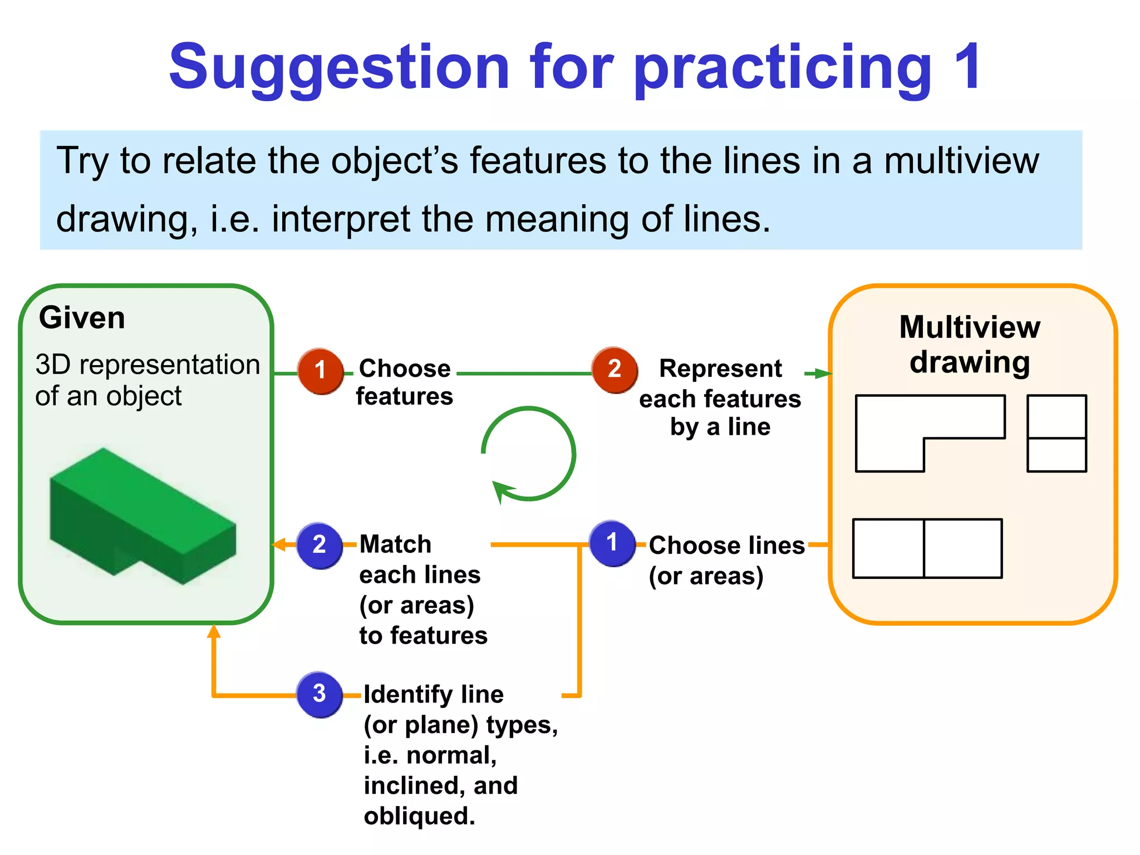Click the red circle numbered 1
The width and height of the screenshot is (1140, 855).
point(320,371)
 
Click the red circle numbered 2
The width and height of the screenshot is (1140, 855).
point(614,370)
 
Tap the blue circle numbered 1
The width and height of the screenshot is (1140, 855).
point(612,543)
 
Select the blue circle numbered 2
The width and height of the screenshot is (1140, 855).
point(320,545)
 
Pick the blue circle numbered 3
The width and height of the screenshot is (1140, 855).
point(320,694)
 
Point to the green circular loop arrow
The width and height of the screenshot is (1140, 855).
point(529,454)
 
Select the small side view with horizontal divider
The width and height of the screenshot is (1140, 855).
point(1057,433)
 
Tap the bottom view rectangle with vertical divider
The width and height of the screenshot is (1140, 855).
point(927,548)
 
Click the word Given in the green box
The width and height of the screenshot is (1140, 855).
point(82,318)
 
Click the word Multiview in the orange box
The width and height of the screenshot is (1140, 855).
point(970,327)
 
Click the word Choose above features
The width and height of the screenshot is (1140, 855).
point(405,368)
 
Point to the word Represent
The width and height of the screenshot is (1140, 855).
point(720,368)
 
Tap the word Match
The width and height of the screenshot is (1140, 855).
point(395,544)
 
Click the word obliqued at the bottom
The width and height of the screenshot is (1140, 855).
point(419,816)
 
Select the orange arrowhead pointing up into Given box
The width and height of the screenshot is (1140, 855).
point(214,631)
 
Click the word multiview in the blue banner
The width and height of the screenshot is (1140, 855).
point(961,161)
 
